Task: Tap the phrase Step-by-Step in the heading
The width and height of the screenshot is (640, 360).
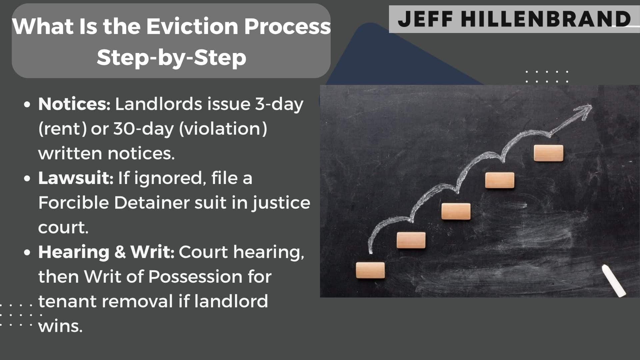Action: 172,57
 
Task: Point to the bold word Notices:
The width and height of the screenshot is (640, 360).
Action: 74,104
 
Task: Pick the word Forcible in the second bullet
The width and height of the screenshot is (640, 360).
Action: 73,202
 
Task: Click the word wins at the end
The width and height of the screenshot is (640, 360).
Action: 60,326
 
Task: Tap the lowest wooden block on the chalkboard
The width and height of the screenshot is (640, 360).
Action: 370,270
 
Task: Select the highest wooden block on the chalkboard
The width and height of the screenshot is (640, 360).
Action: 548,153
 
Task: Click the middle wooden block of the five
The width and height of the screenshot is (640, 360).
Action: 456,211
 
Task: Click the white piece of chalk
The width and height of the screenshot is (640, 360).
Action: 614,280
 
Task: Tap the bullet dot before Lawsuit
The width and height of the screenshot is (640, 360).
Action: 27,178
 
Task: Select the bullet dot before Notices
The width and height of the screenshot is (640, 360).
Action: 27,104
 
